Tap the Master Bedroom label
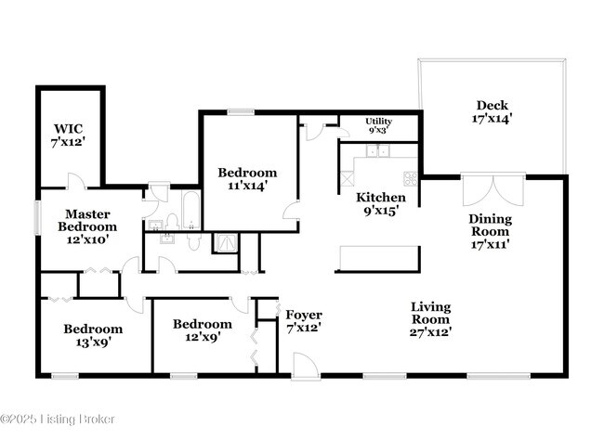point(87,226)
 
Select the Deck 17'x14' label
point(492,111)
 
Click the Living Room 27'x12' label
point(431,319)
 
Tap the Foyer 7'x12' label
point(303,321)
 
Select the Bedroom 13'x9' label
point(92,335)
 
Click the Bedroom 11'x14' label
point(247,179)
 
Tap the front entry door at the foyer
point(304,368)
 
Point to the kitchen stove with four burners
point(409,176)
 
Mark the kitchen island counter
point(378,257)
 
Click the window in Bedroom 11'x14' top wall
point(242,112)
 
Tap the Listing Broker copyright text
point(58,420)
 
